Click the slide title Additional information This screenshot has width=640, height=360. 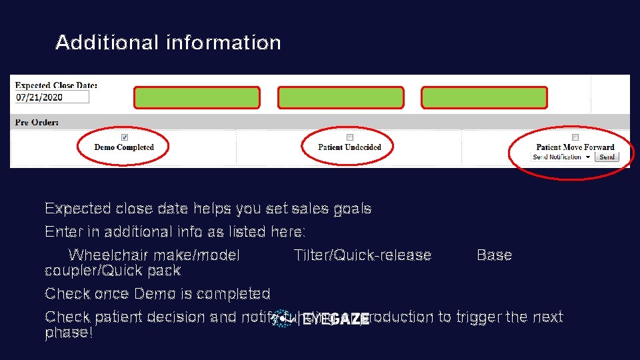(x=168, y=43)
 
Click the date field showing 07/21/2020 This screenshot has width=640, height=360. (x=51, y=97)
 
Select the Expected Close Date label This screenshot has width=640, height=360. (x=56, y=85)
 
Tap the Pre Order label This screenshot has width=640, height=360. (x=37, y=123)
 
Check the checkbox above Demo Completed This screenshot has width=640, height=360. (x=124, y=137)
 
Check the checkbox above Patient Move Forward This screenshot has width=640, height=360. (x=575, y=137)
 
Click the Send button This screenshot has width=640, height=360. (x=607, y=157)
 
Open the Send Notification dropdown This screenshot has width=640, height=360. (x=561, y=157)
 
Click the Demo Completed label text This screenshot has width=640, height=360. (x=124, y=147)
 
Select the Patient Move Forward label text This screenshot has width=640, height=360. (x=575, y=147)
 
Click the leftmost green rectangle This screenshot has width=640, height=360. (x=197, y=97)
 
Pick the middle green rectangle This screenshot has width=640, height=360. (x=341, y=97)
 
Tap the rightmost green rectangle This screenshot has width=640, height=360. (x=485, y=97)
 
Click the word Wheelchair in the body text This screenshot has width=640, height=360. (x=104, y=255)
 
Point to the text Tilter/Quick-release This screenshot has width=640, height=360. (x=362, y=255)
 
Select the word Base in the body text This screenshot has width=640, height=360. (x=494, y=255)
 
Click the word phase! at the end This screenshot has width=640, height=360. (x=68, y=333)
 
